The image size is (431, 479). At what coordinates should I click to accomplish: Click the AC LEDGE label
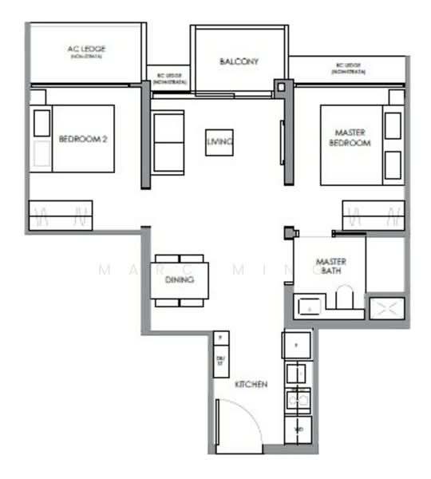86,49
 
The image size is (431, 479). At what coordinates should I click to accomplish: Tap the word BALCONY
239,61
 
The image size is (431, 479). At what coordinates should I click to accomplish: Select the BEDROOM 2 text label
83,138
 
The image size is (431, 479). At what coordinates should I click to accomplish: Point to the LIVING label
219,142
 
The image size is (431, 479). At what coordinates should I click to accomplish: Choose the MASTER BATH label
330,266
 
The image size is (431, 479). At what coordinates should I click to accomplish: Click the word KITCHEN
251,384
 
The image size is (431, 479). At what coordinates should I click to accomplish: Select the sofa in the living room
168,141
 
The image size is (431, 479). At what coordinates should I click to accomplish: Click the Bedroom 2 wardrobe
61,215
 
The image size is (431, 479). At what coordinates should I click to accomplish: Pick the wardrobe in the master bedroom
373,215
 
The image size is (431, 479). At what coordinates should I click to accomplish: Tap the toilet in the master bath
344,299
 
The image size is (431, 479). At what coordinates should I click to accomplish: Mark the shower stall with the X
387,308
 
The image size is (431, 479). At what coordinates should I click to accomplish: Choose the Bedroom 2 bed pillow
42,123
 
